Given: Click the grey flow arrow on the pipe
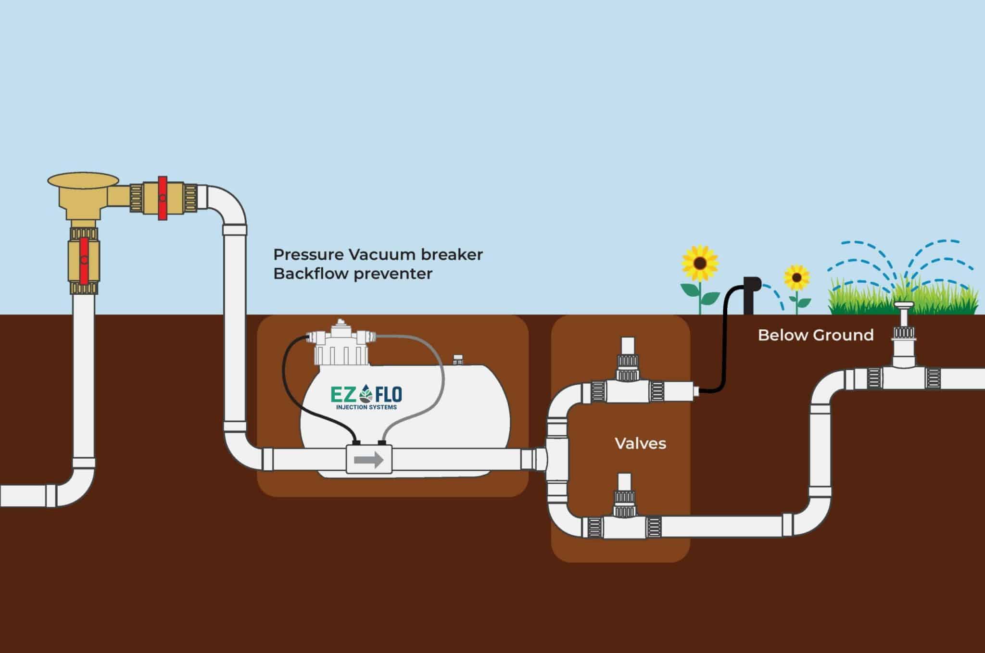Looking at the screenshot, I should coord(368,460).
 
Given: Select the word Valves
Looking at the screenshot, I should coord(640,443).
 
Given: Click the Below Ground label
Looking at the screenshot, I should coord(815,335).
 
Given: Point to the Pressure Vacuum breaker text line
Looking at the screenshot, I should coord(378,254).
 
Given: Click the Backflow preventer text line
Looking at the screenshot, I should coord(353,274).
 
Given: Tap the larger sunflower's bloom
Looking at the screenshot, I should coord(700,264).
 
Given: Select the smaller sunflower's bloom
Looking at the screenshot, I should coord(796,277).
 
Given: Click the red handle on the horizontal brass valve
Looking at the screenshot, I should coord(163,198).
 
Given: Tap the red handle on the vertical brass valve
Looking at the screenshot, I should coord(84,261).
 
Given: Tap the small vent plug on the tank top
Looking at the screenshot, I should coord(457,359).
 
